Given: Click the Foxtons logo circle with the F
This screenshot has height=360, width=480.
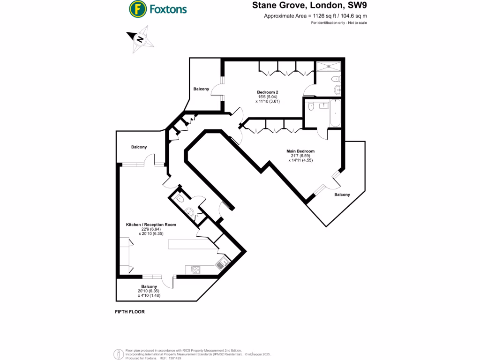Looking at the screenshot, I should tap(137, 8).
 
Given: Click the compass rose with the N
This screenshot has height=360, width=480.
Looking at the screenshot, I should tap(140, 39).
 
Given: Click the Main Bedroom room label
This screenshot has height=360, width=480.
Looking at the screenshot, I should tap(300, 151).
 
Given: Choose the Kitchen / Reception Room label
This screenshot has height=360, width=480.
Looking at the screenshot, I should tap(151, 225).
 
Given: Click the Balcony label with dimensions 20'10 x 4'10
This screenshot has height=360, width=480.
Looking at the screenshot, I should tap(149, 286).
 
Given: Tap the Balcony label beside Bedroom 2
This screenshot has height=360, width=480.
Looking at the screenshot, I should tap(201, 89).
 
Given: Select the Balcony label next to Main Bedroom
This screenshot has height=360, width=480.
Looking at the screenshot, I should tap(342, 195).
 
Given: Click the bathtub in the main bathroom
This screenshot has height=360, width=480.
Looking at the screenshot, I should tap(335, 113).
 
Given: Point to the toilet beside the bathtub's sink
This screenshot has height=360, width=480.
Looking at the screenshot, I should tap(311, 107).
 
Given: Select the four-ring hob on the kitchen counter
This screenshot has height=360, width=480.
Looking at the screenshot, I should tap(195, 270).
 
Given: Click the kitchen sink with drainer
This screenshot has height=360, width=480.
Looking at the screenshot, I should tap(221, 263).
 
